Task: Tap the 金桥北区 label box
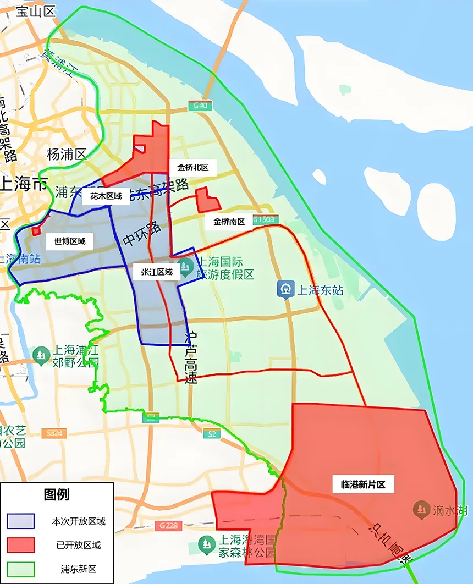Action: tap(193, 168)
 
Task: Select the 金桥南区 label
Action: tap(229, 222)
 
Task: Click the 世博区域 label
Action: tap(69, 241)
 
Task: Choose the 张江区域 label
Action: tap(157, 272)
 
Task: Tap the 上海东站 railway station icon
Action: tap(285, 289)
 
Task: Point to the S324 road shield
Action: tap(54, 433)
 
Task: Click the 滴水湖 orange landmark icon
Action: tap(422, 510)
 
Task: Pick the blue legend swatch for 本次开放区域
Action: tap(21, 521)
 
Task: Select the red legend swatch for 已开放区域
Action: tap(21, 545)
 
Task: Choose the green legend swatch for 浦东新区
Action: tap(21, 569)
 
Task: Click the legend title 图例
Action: tap(57, 494)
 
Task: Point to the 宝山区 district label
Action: tap(36, 11)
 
